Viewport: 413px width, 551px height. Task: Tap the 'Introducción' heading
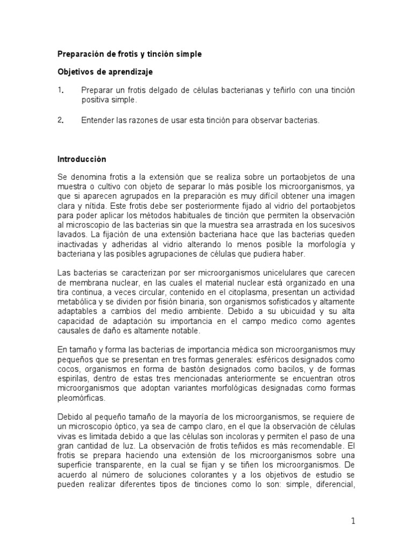pyautogui.click(x=82, y=159)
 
